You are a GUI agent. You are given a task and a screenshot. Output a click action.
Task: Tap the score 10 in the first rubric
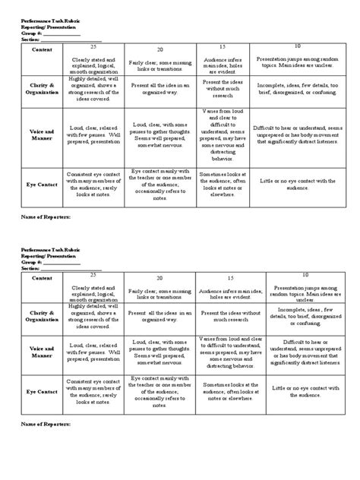click(x=295, y=46)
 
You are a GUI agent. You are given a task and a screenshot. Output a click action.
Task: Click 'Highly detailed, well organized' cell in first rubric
click(x=98, y=86)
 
